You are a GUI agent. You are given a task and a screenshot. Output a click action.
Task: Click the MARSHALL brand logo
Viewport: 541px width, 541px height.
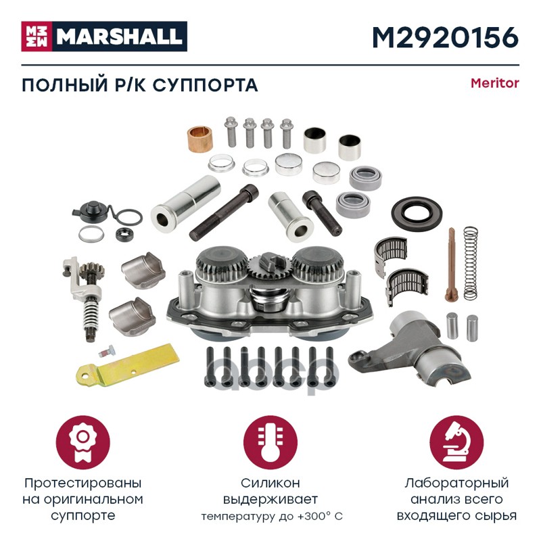click(x=104, y=37)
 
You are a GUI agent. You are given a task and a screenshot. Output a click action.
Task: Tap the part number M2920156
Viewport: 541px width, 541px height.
click(x=446, y=37)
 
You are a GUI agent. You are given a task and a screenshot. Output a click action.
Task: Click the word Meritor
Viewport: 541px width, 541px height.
click(x=495, y=83)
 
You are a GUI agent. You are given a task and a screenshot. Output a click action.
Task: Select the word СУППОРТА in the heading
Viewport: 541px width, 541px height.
click(x=206, y=85)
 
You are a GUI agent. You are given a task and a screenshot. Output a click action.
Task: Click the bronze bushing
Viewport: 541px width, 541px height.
click(x=199, y=140)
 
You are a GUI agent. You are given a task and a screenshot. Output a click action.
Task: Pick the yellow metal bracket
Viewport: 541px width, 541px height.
click(x=128, y=365)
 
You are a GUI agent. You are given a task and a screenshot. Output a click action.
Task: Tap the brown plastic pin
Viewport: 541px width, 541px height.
click(x=451, y=264)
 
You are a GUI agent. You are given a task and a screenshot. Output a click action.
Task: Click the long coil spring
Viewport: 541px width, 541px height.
click(x=471, y=262)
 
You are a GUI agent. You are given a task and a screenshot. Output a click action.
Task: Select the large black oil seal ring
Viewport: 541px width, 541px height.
click(x=417, y=213)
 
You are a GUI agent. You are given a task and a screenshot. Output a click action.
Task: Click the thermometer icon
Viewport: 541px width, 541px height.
click(x=270, y=442)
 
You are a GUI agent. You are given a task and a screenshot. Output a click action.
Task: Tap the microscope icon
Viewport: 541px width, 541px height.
click(x=456, y=442)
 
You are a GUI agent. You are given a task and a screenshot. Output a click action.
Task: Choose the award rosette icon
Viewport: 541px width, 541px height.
click(x=83, y=442)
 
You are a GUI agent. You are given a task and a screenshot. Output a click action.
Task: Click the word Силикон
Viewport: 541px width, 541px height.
click(x=270, y=483)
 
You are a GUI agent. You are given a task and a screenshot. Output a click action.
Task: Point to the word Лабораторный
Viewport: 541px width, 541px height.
click(x=456, y=484)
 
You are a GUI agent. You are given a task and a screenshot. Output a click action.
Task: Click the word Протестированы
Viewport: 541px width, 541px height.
click(x=83, y=484)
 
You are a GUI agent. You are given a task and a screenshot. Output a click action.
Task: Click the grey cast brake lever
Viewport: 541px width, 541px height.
click(x=406, y=348)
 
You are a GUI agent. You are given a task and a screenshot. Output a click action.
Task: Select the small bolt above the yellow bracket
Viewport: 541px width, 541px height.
click(x=107, y=351)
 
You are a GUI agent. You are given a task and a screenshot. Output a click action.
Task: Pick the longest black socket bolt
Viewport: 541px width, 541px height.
click(x=224, y=212)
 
